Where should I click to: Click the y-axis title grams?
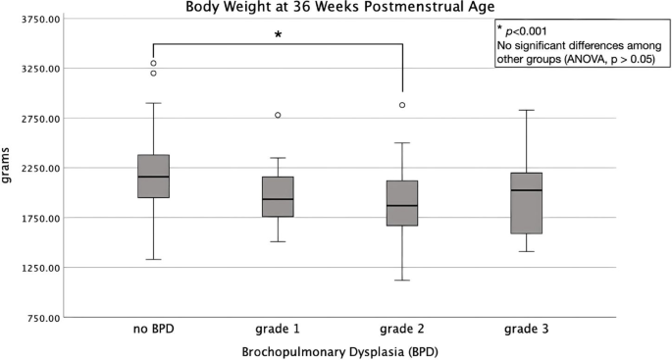[x=9, y=167]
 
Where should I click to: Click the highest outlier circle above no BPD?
[x=154, y=63]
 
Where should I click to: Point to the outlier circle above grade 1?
[x=278, y=115]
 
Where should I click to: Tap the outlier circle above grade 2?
[x=402, y=105]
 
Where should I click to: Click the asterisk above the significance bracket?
[x=278, y=34]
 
